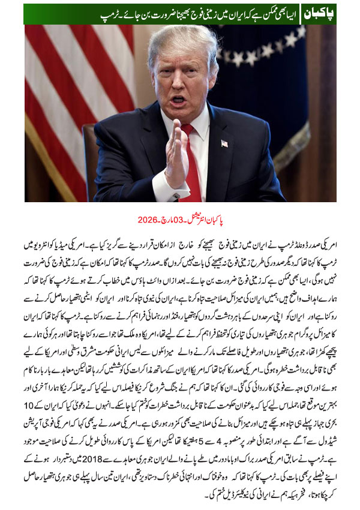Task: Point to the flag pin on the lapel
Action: click(223, 143)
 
